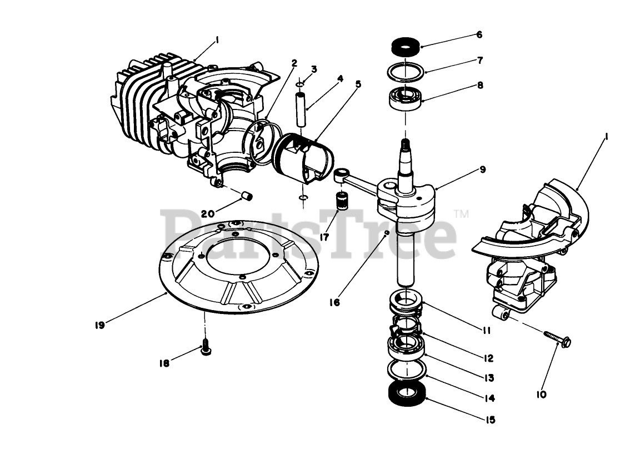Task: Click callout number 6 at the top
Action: [x=479, y=34]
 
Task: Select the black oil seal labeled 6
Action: [x=405, y=47]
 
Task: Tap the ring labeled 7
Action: [x=406, y=71]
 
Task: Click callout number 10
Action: [x=541, y=394]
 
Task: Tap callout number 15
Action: [x=489, y=420]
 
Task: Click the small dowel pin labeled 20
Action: [x=248, y=196]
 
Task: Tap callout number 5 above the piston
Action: [x=358, y=84]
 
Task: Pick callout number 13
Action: [x=489, y=378]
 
